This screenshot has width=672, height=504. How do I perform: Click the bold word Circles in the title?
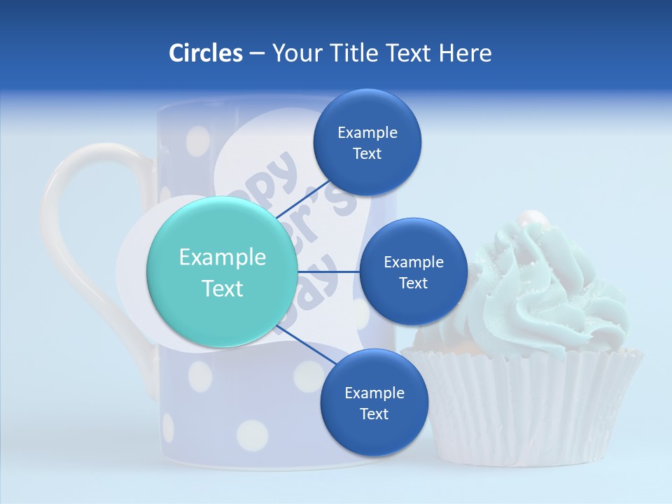[205, 53]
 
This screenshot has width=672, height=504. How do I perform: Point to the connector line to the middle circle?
[328, 272]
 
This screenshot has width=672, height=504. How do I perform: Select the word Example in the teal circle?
[223, 258]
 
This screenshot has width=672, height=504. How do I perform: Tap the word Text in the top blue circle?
[367, 154]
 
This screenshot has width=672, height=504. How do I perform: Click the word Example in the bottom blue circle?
[374, 393]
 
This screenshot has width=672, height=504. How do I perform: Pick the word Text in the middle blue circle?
[413, 283]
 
